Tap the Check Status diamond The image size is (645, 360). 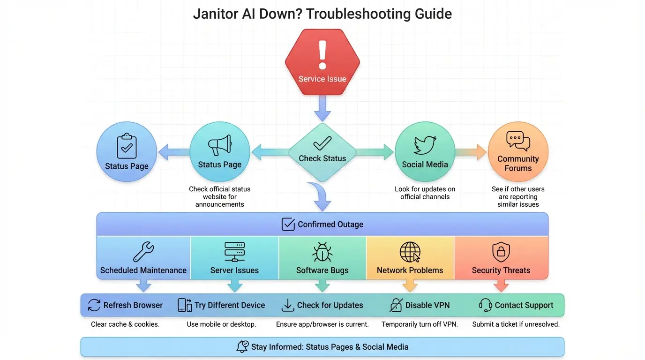tap(322, 152)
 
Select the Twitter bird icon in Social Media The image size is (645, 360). tap(425, 145)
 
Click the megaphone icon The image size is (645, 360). tap(219, 145)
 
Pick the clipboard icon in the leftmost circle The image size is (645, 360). tap(127, 146)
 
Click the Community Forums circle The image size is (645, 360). tap(518, 152)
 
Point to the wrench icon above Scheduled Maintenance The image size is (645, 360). tap(143, 252)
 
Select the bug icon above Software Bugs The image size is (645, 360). tap(322, 252)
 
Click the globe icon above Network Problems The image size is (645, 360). tap(410, 252)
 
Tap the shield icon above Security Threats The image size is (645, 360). tap(501, 252)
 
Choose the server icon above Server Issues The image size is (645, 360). tap(234, 252)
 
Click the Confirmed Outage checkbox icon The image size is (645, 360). tap(288, 225)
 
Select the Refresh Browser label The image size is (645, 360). tap(133, 305)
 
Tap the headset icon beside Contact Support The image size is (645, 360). tap(485, 305)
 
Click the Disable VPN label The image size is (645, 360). tap(427, 305)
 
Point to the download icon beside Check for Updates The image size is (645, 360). tap(287, 305)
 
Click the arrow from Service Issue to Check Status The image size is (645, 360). tap(322, 108)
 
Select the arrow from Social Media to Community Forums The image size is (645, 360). tap(471, 152)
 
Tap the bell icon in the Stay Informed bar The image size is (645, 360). tap(242, 347)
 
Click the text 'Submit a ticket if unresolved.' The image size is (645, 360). tap(516, 324)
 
